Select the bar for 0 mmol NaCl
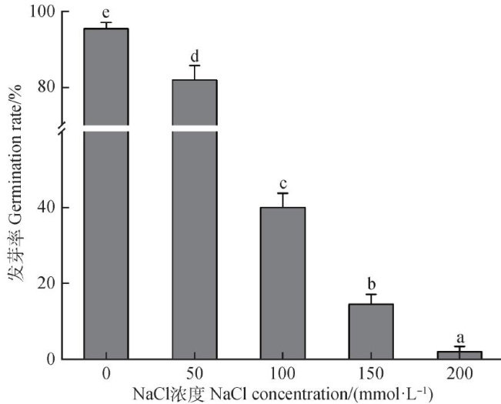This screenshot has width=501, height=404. pyautogui.click(x=106, y=192)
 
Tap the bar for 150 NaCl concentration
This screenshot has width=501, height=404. pyautogui.click(x=371, y=331)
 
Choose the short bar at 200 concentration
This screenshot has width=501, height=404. pyautogui.click(x=459, y=355)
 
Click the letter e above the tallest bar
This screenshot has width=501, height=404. pyautogui.click(x=105, y=13)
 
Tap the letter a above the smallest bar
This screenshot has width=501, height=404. pyautogui.click(x=459, y=337)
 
